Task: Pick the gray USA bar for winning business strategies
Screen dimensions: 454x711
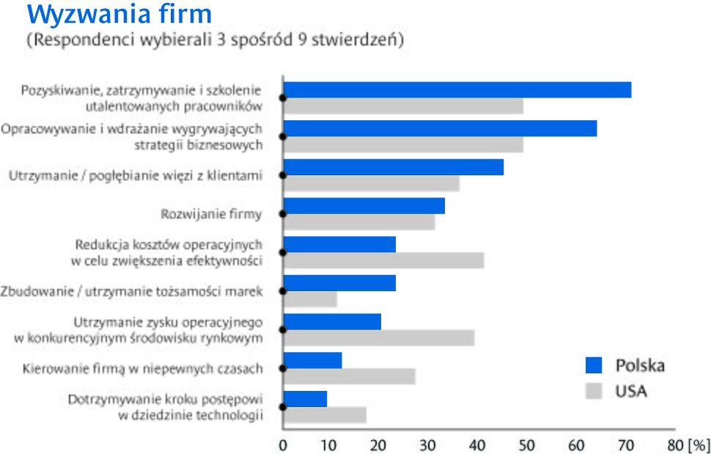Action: point(403,144)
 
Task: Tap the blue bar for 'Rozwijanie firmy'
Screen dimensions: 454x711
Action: point(364,205)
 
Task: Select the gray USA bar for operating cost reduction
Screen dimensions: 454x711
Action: point(383,260)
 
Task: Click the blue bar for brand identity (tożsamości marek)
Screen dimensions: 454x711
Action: point(339,282)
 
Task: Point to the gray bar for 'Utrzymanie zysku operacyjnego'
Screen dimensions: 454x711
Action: point(379,337)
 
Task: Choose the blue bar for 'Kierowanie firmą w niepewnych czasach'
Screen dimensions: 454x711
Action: point(312,360)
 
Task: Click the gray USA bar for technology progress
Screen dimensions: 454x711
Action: point(325,414)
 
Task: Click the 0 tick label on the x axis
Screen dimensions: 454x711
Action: point(283,444)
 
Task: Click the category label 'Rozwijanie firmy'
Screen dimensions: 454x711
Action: point(211,214)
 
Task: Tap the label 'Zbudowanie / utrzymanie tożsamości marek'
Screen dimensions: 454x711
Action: point(132,291)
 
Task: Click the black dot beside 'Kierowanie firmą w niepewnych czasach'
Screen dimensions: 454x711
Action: point(283,369)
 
